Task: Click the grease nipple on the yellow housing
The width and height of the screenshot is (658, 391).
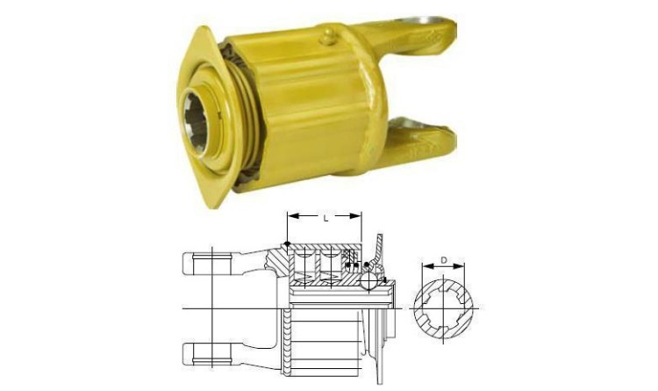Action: (x=328, y=36)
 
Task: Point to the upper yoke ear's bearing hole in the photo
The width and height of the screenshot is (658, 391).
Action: (x=423, y=21)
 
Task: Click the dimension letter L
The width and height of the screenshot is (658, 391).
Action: (x=326, y=219)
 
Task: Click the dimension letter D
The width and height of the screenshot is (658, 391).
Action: (x=444, y=261)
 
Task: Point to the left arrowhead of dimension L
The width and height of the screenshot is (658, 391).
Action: (x=292, y=216)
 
